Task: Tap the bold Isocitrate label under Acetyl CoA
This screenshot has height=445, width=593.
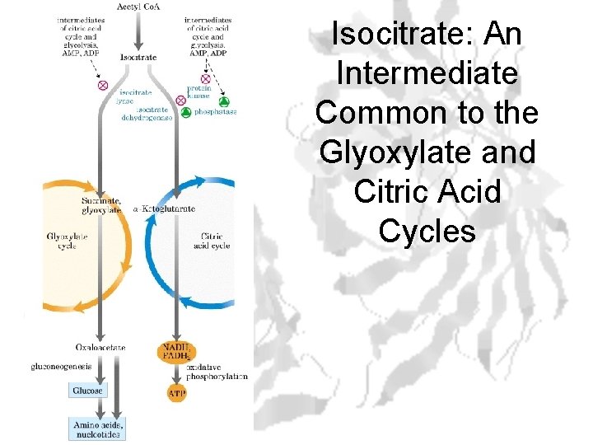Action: coord(138,58)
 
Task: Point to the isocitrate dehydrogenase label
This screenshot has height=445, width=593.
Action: coord(148,113)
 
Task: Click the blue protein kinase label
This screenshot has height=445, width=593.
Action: coord(199,92)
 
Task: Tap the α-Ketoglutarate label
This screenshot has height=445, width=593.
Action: coord(165,208)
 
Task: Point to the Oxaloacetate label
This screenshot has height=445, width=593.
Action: coord(100,347)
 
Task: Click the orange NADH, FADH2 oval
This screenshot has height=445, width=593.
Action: coord(176,352)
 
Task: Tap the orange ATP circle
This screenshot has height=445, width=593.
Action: coord(177,394)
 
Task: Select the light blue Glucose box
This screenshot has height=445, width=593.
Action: coord(87,390)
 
